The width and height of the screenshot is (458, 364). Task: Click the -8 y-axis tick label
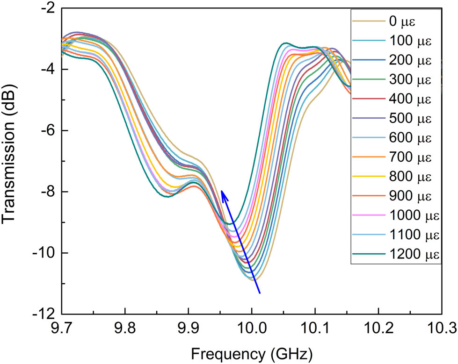pos(47,192)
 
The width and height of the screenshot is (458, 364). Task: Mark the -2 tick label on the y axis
pos(47,8)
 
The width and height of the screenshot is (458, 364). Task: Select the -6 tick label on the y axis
pos(47,130)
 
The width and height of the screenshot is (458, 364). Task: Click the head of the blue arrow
pos(222,191)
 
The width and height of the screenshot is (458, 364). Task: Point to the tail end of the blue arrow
pos(260,293)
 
